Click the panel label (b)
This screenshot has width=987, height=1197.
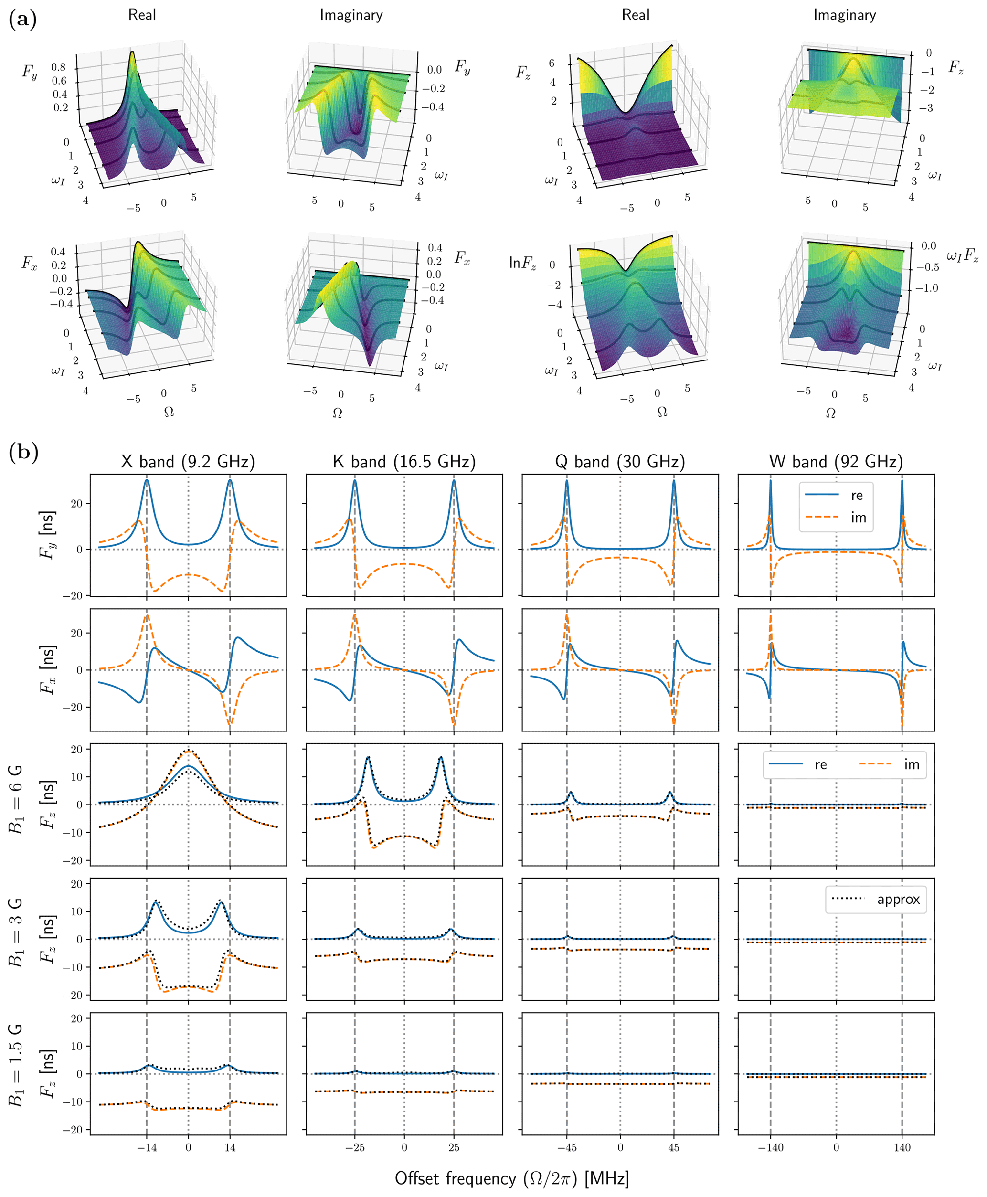coord(23,453)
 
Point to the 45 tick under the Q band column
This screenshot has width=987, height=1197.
coord(674,1147)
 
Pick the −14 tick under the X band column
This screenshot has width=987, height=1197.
coord(147,1147)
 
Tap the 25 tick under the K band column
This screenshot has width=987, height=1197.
coord(454,1147)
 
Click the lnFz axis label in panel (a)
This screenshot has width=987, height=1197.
coord(522,263)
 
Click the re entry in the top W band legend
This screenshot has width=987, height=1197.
coord(857,496)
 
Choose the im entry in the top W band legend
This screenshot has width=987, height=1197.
coord(858,518)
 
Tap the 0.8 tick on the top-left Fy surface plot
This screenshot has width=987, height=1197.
coord(59,68)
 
